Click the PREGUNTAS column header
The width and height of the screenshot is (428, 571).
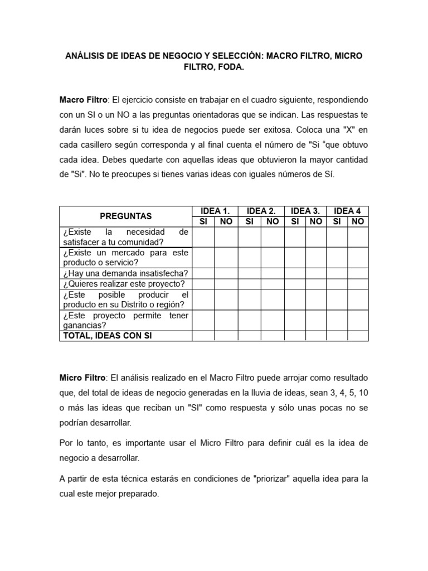(125, 216)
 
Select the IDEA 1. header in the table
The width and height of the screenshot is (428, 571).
(215, 211)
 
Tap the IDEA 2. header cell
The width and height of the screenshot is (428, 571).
(261, 211)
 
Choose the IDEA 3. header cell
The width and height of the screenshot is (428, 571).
(305, 211)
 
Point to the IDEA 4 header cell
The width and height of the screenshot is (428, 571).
(347, 211)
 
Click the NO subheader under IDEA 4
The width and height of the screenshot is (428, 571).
(358, 221)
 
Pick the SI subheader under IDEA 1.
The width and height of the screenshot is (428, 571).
(203, 221)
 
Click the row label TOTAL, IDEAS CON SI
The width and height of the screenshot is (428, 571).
(108, 336)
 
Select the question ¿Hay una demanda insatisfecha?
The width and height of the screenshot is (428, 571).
(125, 273)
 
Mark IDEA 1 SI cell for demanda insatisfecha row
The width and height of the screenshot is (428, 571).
(203, 273)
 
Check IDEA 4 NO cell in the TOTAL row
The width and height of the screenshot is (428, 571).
(358, 336)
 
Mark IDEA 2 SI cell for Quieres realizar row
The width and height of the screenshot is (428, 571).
(249, 284)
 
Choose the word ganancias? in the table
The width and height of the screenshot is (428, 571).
(85, 326)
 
